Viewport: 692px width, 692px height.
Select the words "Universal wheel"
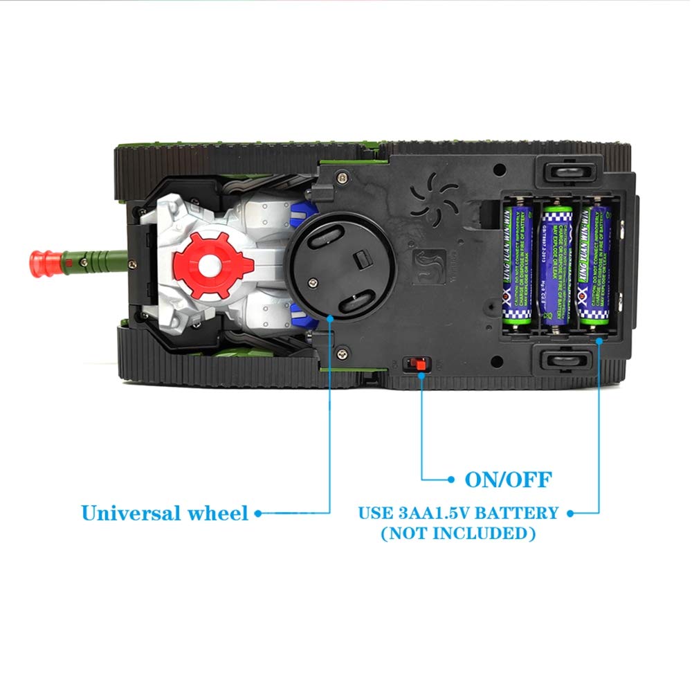pyautogui.click(x=164, y=513)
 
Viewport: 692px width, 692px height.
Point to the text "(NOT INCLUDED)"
pyautogui.click(x=458, y=534)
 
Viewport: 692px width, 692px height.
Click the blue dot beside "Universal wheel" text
pyautogui.click(x=258, y=513)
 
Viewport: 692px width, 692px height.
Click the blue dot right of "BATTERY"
pyautogui.click(x=570, y=513)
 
